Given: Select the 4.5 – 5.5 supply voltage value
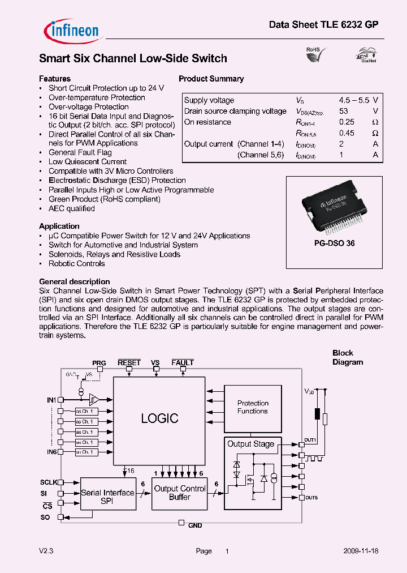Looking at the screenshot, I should pos(354,100).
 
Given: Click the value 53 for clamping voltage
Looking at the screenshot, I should pos(343,111).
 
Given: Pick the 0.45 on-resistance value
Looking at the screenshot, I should pos(347,133).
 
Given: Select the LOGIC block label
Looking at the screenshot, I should pos(159,418).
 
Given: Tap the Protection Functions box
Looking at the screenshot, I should pos(252,407).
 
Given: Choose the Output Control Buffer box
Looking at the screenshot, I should pos(180,493).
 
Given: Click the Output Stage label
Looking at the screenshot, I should pos(250,444).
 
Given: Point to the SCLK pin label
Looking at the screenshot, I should pos(48,482).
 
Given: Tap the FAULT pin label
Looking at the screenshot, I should pos(183,362).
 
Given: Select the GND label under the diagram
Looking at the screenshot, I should pos(195,525).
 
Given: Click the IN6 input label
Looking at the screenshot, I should pos(51,451).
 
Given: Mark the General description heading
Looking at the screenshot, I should pos(74,281).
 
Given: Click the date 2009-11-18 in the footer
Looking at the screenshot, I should pos(361,551).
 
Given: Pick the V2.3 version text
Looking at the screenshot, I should pos(46,551).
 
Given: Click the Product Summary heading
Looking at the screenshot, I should pos(211,79).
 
